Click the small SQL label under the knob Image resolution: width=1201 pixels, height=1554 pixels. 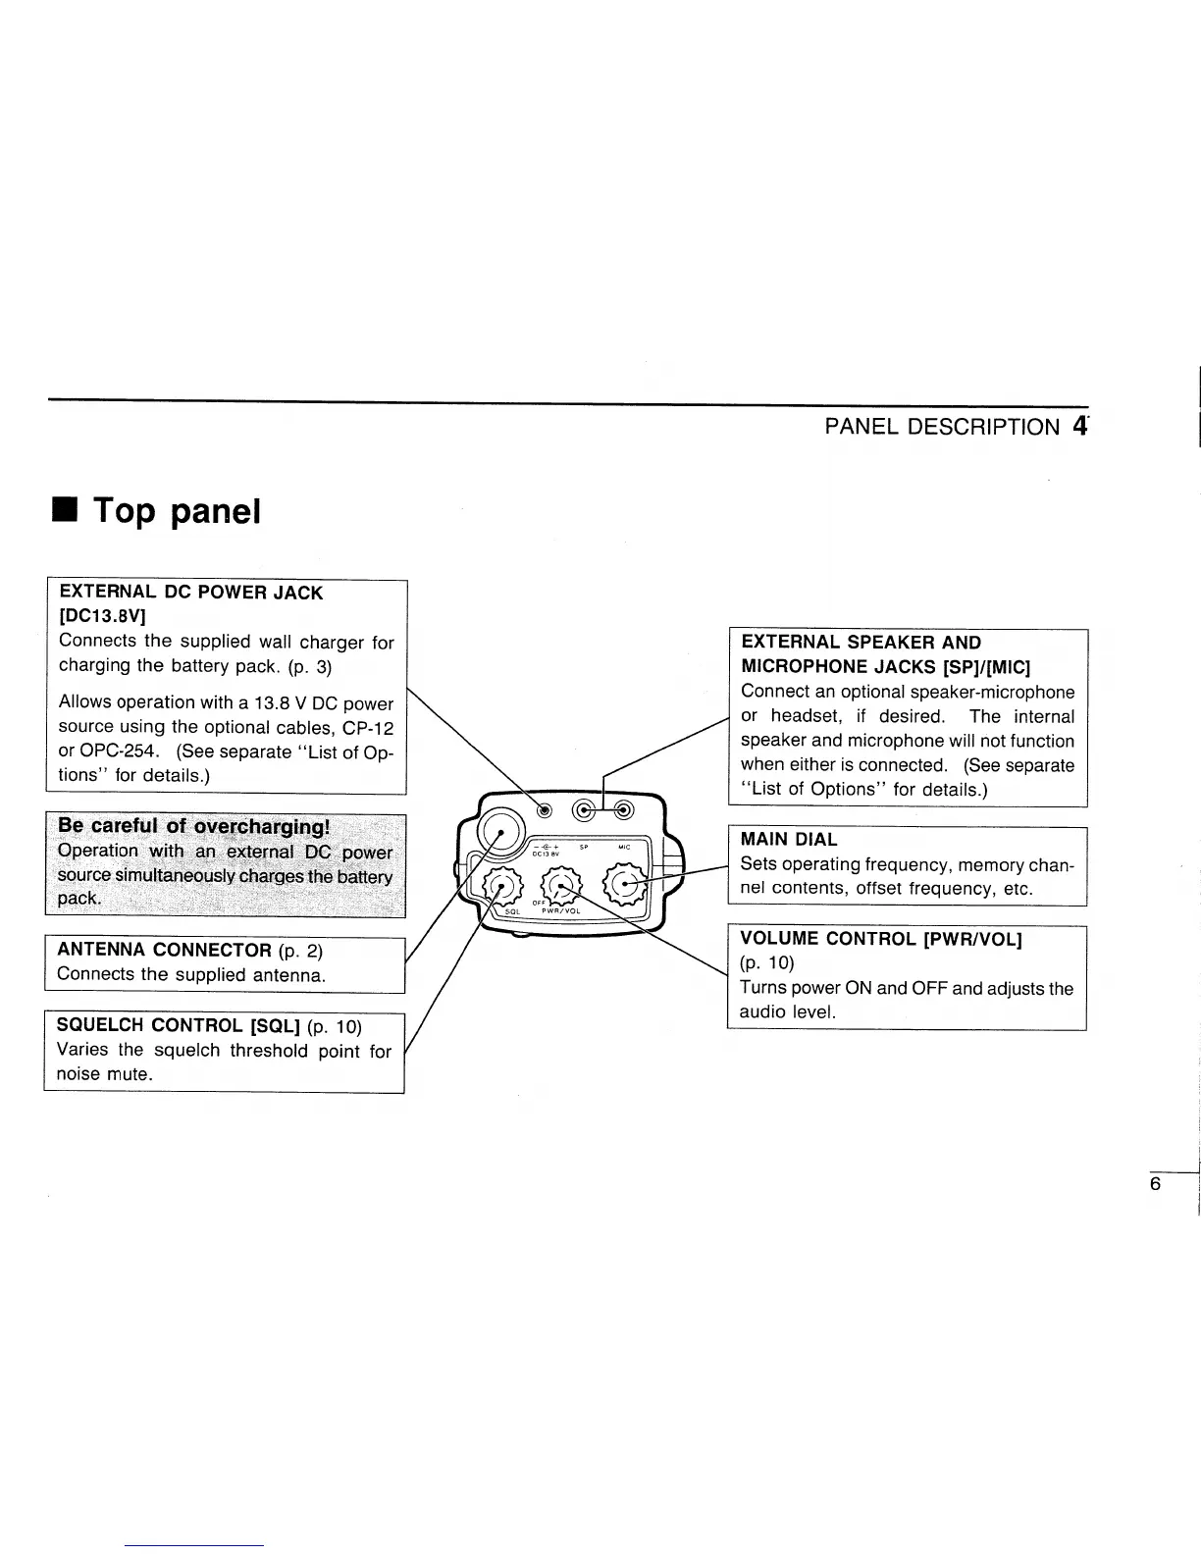511,911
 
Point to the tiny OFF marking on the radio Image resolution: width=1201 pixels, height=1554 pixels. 538,903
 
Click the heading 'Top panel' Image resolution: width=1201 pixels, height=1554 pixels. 177,511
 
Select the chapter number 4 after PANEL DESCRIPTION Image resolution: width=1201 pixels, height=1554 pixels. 1080,427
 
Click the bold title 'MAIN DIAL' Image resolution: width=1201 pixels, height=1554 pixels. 789,840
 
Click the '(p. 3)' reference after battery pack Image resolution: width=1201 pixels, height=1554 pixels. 311,667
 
